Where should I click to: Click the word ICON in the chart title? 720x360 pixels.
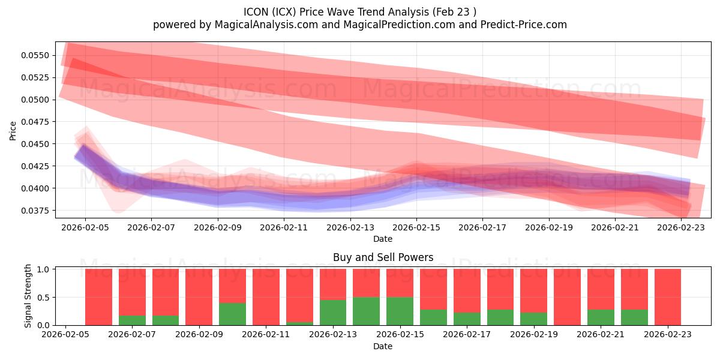click(x=256, y=12)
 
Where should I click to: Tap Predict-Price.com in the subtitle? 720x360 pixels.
click(x=523, y=25)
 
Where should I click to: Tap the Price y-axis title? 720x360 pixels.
click(x=13, y=131)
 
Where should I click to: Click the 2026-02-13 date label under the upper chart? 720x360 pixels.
click(x=350, y=228)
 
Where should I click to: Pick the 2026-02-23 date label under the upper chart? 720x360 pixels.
click(x=680, y=228)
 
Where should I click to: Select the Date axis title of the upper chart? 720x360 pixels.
click(x=383, y=239)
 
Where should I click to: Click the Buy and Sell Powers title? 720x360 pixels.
click(x=383, y=257)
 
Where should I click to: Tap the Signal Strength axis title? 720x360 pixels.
click(x=28, y=297)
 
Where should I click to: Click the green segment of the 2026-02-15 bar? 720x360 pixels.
click(x=400, y=311)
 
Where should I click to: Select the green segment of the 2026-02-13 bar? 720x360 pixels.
click(x=333, y=313)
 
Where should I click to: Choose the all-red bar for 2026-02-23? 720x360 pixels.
click(x=667, y=297)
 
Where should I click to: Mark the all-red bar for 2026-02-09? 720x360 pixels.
click(x=199, y=297)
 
